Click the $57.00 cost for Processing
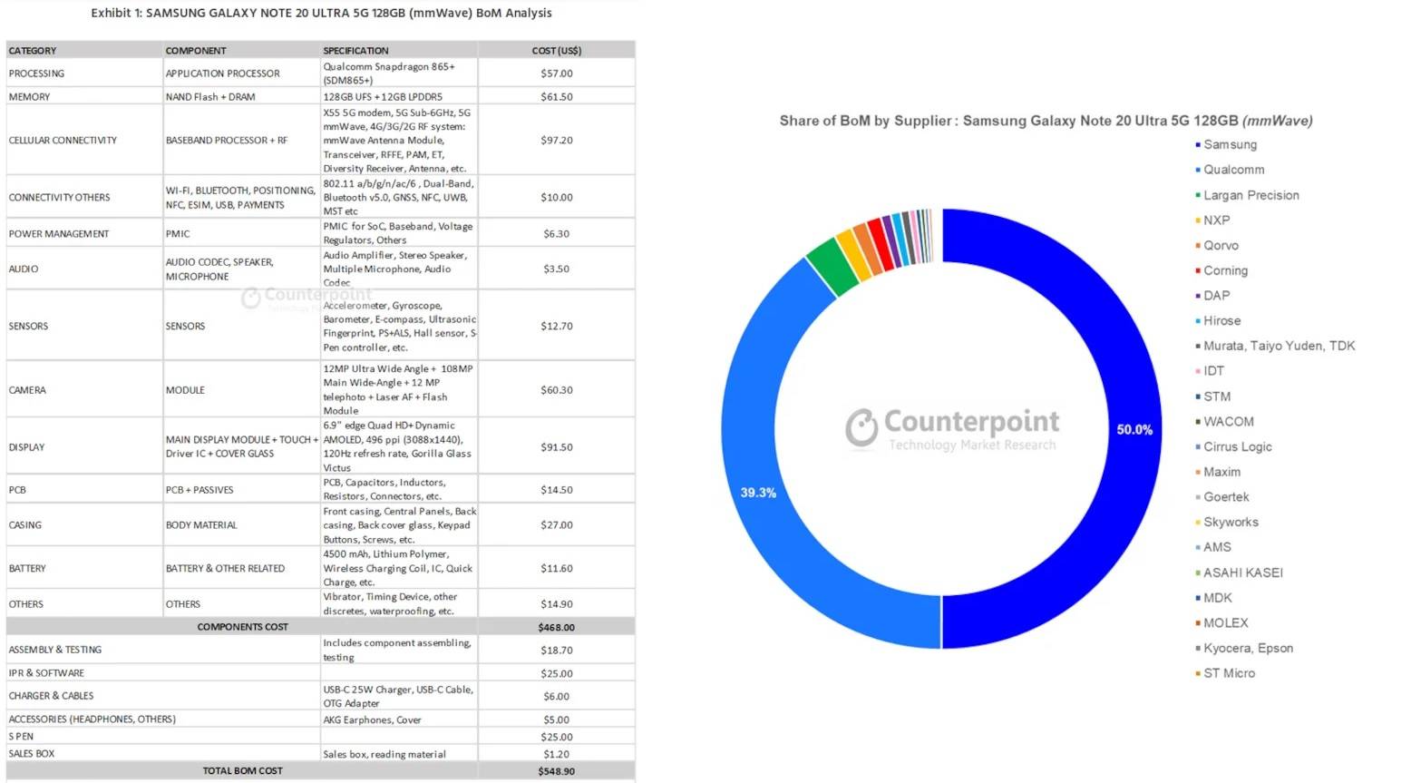tap(556, 73)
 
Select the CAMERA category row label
tap(27, 390)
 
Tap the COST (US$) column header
tap(556, 51)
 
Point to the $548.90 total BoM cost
tap(556, 771)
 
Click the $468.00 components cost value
tap(556, 627)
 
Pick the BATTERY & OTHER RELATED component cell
tap(225, 568)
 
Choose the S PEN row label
tap(21, 737)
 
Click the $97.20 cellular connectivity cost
tap(556, 140)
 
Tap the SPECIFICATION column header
tap(355, 51)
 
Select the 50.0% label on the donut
tap(1134, 430)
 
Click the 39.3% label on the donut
tap(758, 493)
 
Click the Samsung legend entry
tap(1226, 144)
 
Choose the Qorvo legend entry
tap(1217, 245)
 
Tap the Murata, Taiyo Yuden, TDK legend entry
tap(1275, 346)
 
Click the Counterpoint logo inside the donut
tap(952, 428)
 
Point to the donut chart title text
tap(1046, 121)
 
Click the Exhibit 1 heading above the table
tap(321, 13)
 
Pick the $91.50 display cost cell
tap(556, 447)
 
